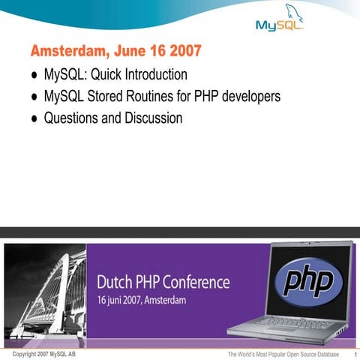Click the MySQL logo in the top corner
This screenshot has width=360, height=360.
pyautogui.click(x=280, y=22)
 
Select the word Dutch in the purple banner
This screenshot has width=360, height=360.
pyautogui.click(x=114, y=283)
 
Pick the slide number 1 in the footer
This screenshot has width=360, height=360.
pyautogui.click(x=353, y=354)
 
